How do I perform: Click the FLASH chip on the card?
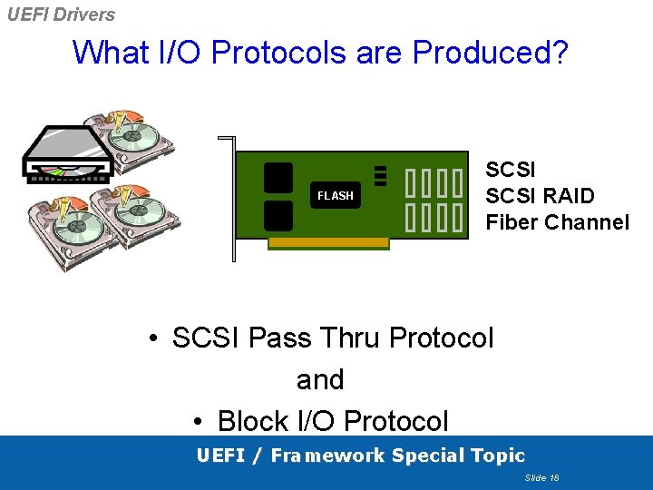335,195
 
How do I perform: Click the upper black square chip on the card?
278,178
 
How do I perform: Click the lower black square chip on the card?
278,216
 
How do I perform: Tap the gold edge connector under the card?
328,243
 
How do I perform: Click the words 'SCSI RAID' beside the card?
540,196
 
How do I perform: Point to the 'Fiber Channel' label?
557,222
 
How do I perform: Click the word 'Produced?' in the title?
491,53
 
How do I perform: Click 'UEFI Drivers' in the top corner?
60,14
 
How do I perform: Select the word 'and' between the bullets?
320,379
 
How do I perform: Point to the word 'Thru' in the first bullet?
348,338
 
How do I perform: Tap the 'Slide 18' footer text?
541,477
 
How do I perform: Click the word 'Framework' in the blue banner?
327,456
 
